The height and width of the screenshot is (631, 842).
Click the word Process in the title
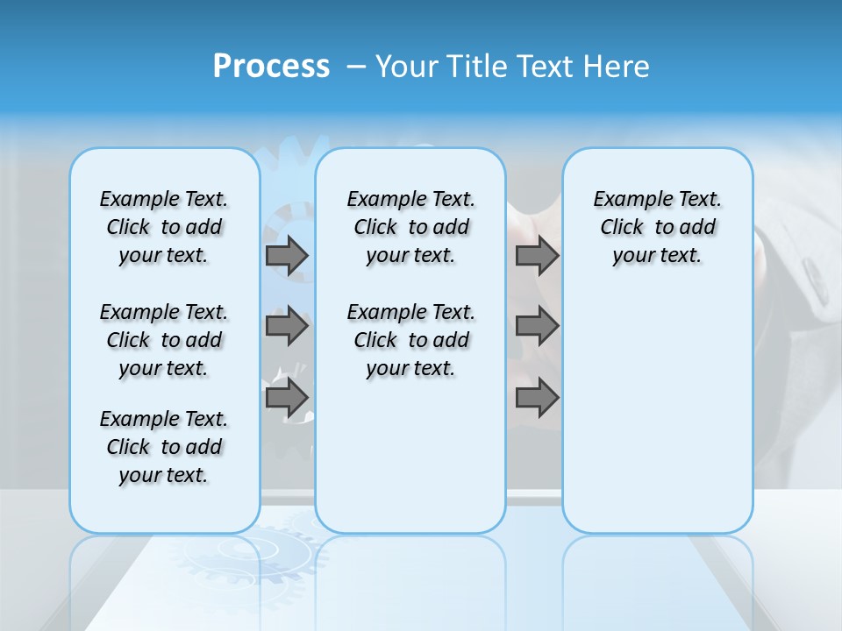(x=271, y=66)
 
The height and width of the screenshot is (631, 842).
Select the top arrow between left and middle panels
(x=287, y=255)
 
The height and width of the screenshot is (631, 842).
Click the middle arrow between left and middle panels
(x=287, y=326)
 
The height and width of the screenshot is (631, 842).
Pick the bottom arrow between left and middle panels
(x=287, y=398)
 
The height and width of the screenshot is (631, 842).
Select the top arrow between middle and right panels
(x=537, y=255)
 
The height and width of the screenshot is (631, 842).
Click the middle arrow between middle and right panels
(x=537, y=326)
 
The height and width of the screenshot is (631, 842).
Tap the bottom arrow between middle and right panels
(x=537, y=398)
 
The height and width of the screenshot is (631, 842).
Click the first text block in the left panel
(x=164, y=227)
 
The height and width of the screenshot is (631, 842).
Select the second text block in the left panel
(x=164, y=340)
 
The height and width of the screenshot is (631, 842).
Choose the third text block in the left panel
(x=164, y=447)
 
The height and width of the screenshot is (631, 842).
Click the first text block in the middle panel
(x=410, y=227)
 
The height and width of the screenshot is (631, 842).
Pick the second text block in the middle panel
(x=410, y=340)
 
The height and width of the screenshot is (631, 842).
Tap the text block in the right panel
(x=657, y=227)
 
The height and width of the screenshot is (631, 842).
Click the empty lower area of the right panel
(x=657, y=412)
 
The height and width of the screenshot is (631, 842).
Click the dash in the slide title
(x=356, y=67)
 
